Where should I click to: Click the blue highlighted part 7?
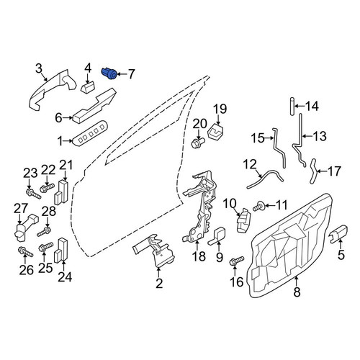point(109,73)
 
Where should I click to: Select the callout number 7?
point(131,74)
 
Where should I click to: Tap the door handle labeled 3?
point(52,90)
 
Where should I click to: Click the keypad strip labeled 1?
point(90,135)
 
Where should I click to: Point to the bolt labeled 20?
point(197,143)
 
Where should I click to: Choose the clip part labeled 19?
point(215,132)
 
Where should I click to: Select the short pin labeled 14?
point(292,107)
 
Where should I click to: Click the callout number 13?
point(320,136)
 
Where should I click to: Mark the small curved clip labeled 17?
point(313,171)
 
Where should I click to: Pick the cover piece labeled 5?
point(338,234)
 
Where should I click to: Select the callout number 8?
point(297,292)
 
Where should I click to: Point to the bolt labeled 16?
point(237,261)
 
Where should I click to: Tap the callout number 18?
point(199,256)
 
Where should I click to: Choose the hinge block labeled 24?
point(61,250)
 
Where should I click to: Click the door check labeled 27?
point(25,228)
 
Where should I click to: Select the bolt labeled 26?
point(25,252)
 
